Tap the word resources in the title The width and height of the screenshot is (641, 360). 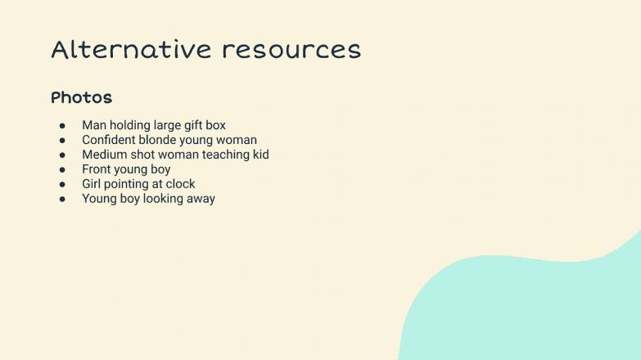[x=291, y=50]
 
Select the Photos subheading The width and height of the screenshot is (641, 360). [x=81, y=97]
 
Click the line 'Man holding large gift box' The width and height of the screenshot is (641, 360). [x=154, y=125]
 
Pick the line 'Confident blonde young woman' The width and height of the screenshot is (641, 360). [x=169, y=140]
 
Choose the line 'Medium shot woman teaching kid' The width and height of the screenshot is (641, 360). [x=175, y=155]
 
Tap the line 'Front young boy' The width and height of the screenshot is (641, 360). [x=126, y=169]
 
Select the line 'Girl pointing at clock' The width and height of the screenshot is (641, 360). [x=138, y=184]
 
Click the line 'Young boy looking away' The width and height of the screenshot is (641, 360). [x=148, y=199]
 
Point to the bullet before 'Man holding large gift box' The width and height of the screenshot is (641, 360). [x=62, y=125]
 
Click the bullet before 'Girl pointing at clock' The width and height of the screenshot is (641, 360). [x=62, y=184]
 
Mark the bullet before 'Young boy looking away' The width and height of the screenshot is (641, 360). [x=62, y=199]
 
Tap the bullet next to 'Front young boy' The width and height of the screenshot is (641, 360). [x=62, y=169]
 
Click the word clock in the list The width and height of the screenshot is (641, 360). [x=180, y=184]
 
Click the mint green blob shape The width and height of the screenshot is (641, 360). [x=532, y=311]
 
